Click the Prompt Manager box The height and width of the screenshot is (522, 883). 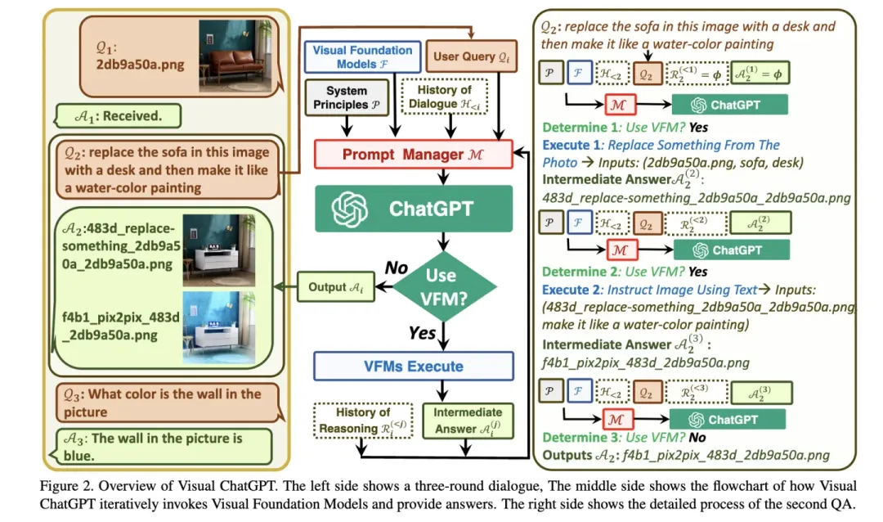tap(413, 151)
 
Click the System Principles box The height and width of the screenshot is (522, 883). tap(346, 97)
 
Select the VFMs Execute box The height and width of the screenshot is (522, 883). tap(413, 366)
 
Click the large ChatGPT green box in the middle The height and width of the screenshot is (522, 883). tap(413, 208)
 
